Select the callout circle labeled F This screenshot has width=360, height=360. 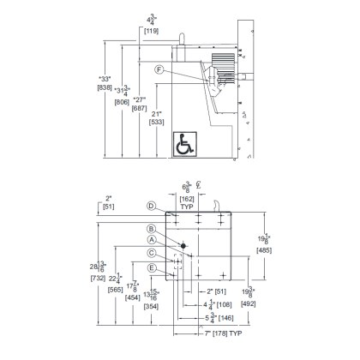pyautogui.click(x=159, y=69)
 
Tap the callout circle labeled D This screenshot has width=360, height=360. pyautogui.click(x=150, y=206)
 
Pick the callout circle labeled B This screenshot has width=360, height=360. pyautogui.click(x=150, y=228)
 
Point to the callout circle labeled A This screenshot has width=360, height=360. pyautogui.click(x=150, y=240)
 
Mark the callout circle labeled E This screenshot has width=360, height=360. pyautogui.click(x=150, y=267)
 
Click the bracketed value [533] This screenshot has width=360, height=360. pyautogui.click(x=157, y=123)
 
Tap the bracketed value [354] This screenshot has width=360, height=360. pyautogui.click(x=152, y=306)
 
